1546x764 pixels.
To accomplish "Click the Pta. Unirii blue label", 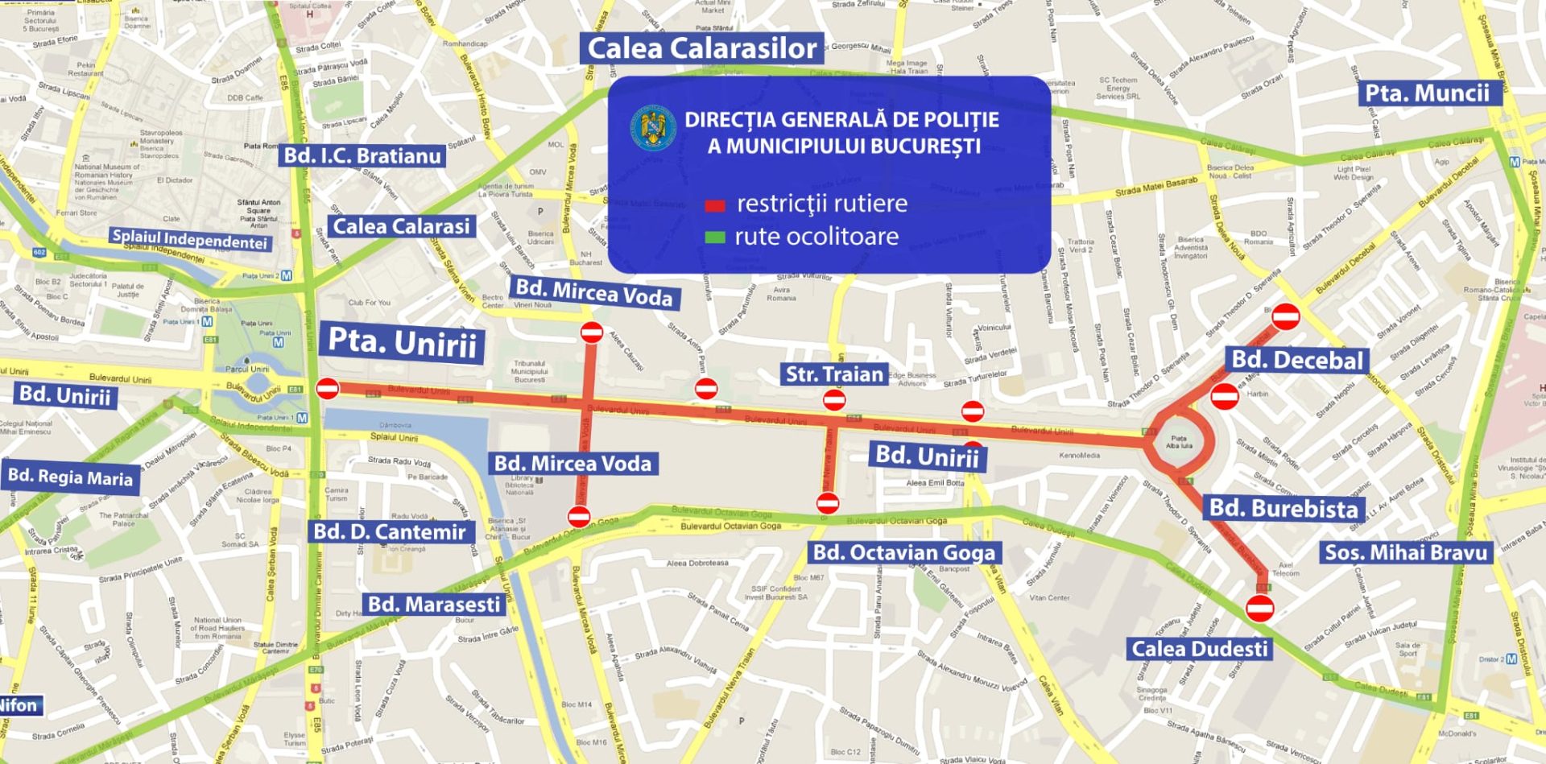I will pyautogui.click(x=402, y=343).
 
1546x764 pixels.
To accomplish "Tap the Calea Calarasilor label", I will pyautogui.click(x=701, y=48).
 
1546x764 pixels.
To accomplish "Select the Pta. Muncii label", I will pyautogui.click(x=1427, y=93).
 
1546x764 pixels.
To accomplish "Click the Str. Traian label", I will pyautogui.click(x=834, y=374).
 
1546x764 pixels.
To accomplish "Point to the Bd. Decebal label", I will pyautogui.click(x=1297, y=360).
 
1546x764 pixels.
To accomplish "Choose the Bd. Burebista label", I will pyautogui.click(x=1284, y=508).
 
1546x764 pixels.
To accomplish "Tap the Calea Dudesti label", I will pyautogui.click(x=1199, y=649).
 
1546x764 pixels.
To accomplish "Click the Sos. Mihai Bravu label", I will pyautogui.click(x=1406, y=552).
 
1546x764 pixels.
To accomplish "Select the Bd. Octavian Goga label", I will pyautogui.click(x=903, y=552).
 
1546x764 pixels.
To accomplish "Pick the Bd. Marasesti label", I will pyautogui.click(x=434, y=604).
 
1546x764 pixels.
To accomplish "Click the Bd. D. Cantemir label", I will pyautogui.click(x=390, y=531).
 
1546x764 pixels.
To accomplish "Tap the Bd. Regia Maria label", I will pyautogui.click(x=70, y=477).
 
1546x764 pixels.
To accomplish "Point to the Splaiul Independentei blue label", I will pyautogui.click(x=189, y=239).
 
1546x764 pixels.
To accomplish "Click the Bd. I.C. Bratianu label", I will pyautogui.click(x=362, y=155).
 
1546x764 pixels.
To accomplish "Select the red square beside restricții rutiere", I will pyautogui.click(x=715, y=205).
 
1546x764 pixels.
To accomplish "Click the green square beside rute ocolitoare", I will pyautogui.click(x=715, y=237).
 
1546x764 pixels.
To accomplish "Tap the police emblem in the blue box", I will pyautogui.click(x=653, y=128).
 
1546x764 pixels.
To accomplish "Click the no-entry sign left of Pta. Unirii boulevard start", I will pyautogui.click(x=327, y=389).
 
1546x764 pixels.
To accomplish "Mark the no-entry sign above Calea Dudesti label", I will pyautogui.click(x=1260, y=608).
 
